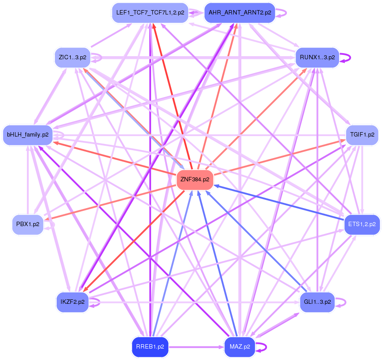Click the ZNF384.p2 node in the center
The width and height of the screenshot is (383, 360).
pyautogui.click(x=195, y=180)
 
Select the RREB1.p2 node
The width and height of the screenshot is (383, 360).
pyautogui.click(x=150, y=346)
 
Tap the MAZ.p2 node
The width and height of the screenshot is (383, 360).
pyautogui.click(x=239, y=346)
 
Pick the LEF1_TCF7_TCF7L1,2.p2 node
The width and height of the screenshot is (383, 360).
pyautogui.click(x=150, y=13)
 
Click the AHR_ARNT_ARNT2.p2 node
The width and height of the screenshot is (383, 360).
pyautogui.click(x=239, y=13)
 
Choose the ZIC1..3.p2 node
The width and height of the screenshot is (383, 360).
pyautogui.click(x=72, y=58)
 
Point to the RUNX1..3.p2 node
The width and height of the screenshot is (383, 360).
pyautogui.click(x=317, y=58)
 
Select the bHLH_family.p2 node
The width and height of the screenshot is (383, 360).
pyautogui.click(x=28, y=134)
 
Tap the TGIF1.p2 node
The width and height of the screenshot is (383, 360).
pyautogui.click(x=362, y=134)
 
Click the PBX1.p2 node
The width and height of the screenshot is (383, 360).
pyautogui.click(x=28, y=224)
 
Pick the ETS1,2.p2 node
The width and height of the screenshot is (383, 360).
pyautogui.click(x=362, y=224)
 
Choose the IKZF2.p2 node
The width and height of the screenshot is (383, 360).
pyautogui.click(x=72, y=302)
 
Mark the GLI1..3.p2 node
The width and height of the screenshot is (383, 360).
pyautogui.click(x=317, y=302)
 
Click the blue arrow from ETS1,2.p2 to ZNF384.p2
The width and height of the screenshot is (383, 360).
pyautogui.click(x=281, y=202)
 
